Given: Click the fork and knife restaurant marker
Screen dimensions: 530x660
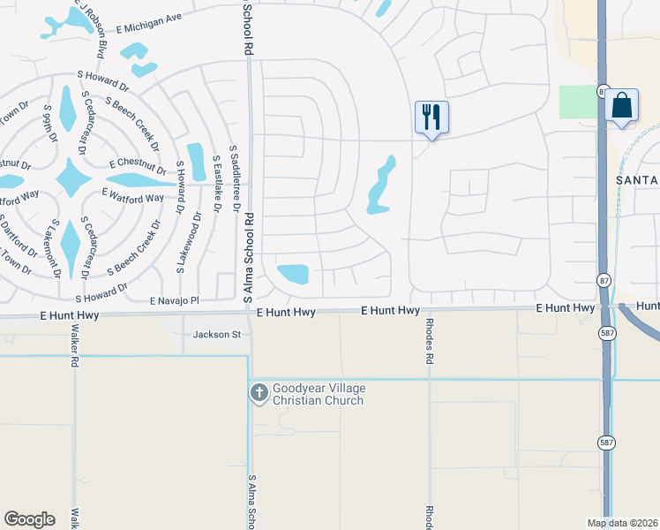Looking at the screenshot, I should coord(431,117).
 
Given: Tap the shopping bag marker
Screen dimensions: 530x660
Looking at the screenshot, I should coord(621,106).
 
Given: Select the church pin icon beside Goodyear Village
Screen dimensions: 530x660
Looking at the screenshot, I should coord(259,393).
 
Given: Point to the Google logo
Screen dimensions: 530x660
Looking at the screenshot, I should coord(29,519).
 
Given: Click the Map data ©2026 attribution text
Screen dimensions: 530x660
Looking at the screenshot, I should coord(622,523).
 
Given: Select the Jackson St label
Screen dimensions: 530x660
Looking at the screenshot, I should coord(217,335).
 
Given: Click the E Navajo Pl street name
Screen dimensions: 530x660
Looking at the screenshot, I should coord(175,301).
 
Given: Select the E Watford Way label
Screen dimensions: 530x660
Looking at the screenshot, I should coord(132,194).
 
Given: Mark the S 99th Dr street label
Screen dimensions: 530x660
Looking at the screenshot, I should coord(49,124).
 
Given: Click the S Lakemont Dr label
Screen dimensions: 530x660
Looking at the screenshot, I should coord(57,247).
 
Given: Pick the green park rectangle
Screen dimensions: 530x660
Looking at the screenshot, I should coord(576,102).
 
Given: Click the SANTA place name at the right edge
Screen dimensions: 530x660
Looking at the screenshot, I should coord(635,180).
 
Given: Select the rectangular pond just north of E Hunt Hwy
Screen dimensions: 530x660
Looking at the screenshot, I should coord(293,274).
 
